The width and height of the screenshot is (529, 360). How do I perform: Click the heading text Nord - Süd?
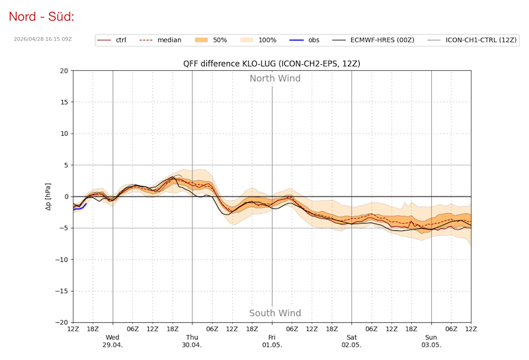pos(41,16)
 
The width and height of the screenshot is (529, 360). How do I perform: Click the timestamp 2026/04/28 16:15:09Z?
pos(42,39)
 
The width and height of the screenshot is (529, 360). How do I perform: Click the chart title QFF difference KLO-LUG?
pos(272,64)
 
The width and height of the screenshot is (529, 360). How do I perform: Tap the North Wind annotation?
pos(275,79)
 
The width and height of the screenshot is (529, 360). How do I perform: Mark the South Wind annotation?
pos(275,313)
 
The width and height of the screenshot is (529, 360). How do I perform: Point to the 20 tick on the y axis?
pos(63,71)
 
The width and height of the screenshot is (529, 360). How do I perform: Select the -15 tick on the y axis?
pos(61,291)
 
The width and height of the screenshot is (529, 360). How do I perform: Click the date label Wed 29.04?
pos(113,341)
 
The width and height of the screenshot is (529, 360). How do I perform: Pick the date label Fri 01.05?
pos(272,341)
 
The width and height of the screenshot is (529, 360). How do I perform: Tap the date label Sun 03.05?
pos(431,341)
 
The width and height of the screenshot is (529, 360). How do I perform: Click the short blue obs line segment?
pos(79,208)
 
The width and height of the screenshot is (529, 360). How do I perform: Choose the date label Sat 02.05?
pos(352,341)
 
